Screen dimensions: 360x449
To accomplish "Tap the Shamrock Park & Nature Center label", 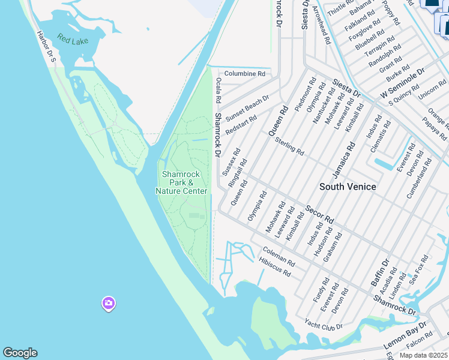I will (x=181, y=182).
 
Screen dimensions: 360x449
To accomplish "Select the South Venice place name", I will (x=348, y=187).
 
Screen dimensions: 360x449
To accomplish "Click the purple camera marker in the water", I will (x=108, y=303).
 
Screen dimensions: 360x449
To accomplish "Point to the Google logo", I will (x=20, y=353).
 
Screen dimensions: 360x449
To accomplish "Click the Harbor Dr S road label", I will (x=46, y=47).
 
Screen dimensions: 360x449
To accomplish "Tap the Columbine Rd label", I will (x=244, y=73).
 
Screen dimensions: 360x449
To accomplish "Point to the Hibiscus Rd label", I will (x=274, y=268).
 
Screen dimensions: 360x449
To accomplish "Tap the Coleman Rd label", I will (x=278, y=257).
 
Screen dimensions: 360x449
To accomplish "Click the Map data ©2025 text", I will (x=424, y=355).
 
